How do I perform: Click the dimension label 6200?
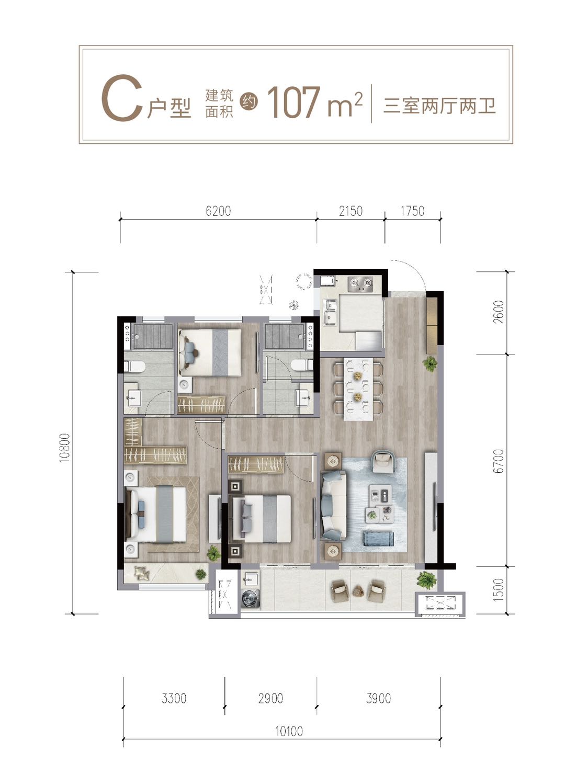(x=218, y=211)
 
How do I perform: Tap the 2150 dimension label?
(x=351, y=211)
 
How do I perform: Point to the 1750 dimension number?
(x=412, y=211)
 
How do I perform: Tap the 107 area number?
(x=293, y=102)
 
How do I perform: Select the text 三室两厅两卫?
(x=439, y=106)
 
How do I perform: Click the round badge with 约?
(x=249, y=102)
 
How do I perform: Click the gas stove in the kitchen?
(x=360, y=283)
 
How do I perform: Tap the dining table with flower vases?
(x=358, y=389)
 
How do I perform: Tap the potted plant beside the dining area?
(x=430, y=363)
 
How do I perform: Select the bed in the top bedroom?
(x=209, y=352)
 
